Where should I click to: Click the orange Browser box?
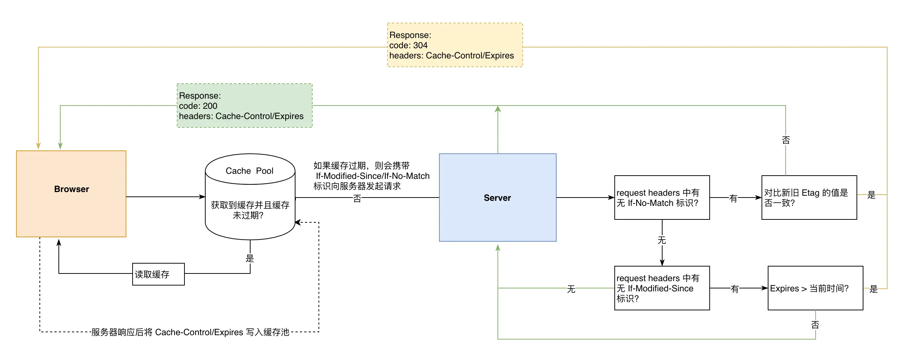coord(71,194)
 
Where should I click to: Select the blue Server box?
coord(497,198)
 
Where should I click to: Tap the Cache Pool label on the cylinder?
coord(249,171)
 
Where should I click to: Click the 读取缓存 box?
coord(158,274)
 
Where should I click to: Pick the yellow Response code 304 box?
coord(455,45)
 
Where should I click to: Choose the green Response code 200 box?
coord(244,106)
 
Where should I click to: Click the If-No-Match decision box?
coord(662,198)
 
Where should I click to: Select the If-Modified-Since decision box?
coord(662,288)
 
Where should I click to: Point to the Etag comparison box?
coord(809,198)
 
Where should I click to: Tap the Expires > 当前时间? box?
coord(815,288)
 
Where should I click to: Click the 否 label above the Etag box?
coord(786,140)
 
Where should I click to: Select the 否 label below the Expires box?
coord(815,325)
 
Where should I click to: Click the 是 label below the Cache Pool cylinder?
coord(250,258)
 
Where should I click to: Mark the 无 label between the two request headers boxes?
coord(662,240)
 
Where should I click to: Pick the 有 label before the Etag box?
coord(733,198)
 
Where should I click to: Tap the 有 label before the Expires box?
coord(735,289)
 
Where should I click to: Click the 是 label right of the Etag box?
coord(871,195)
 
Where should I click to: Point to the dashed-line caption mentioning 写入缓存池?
coord(190,332)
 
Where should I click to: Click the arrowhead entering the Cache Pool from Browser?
coord(202,197)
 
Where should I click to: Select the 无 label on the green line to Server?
coord(571,289)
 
